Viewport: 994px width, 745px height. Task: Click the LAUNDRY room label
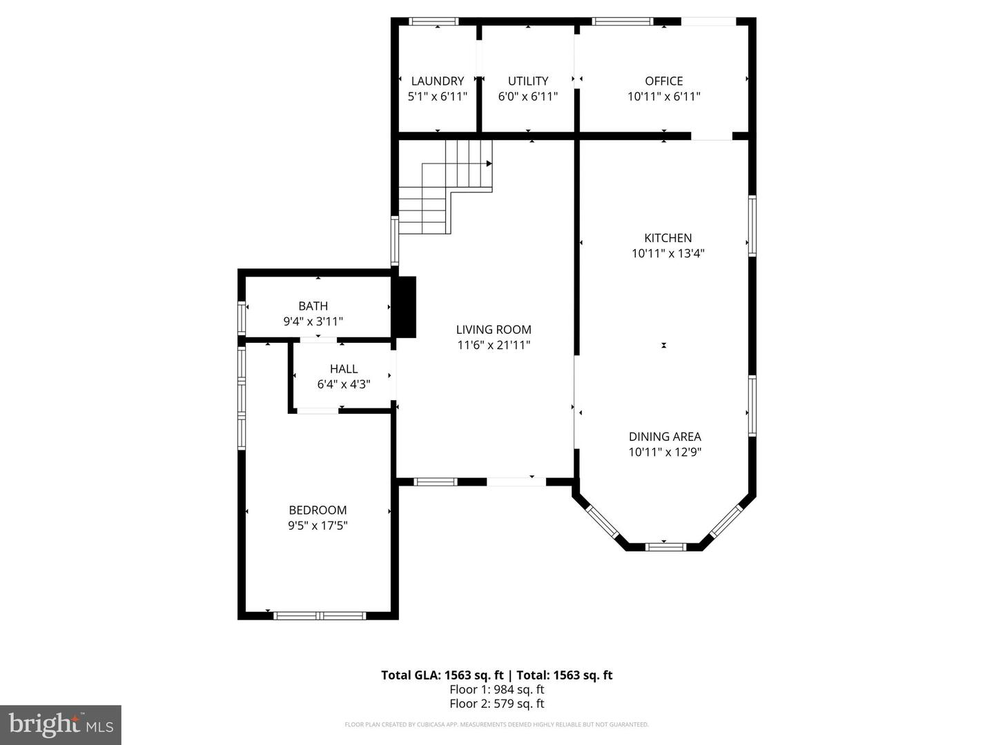[x=438, y=81]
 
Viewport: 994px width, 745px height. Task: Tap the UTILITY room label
[x=528, y=81]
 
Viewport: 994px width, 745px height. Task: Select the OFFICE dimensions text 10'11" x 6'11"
[x=663, y=97]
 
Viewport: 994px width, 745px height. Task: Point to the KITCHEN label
[x=667, y=237]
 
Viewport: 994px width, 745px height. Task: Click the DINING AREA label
[x=665, y=437]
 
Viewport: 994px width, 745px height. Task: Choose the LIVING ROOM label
[x=494, y=330]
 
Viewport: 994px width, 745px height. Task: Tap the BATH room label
[x=313, y=306]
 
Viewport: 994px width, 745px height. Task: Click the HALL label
[x=344, y=369]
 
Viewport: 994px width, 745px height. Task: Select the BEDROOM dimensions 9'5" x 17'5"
[x=318, y=526]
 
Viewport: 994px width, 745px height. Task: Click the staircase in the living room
[x=445, y=186]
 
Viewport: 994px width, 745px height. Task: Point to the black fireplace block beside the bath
[x=405, y=307]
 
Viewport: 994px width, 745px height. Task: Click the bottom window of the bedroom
[x=320, y=615]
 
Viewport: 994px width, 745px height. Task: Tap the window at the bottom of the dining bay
[x=665, y=547]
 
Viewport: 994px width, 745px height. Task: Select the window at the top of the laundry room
[x=433, y=21]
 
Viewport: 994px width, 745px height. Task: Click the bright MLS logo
[x=61, y=724]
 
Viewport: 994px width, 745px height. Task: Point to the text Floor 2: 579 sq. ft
[x=496, y=704]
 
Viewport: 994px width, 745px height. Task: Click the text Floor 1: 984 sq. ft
[x=496, y=689]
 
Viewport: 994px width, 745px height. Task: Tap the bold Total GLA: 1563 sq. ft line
[x=496, y=675]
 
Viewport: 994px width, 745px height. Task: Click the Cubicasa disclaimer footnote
[x=496, y=724]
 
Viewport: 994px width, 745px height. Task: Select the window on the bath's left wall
[x=242, y=318]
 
